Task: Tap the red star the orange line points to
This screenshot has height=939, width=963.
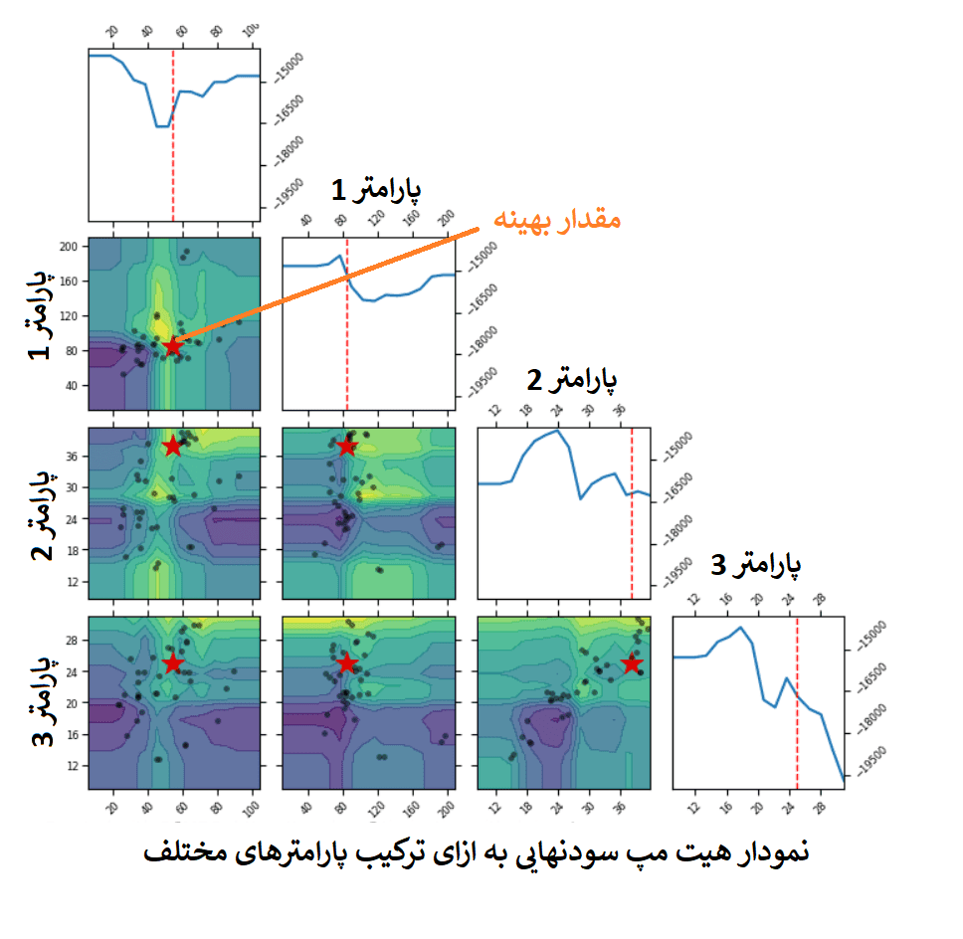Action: [x=173, y=345]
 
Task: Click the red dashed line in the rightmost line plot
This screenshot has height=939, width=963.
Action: [x=797, y=696]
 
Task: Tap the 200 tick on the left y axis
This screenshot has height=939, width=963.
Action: [x=70, y=245]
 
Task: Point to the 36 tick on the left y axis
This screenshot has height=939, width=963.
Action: [x=74, y=457]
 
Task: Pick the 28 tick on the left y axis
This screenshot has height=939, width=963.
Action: [x=74, y=642]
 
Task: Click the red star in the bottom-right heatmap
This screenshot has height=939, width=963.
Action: [x=632, y=663]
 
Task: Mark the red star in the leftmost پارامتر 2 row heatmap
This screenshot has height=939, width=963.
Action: [x=173, y=445]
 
